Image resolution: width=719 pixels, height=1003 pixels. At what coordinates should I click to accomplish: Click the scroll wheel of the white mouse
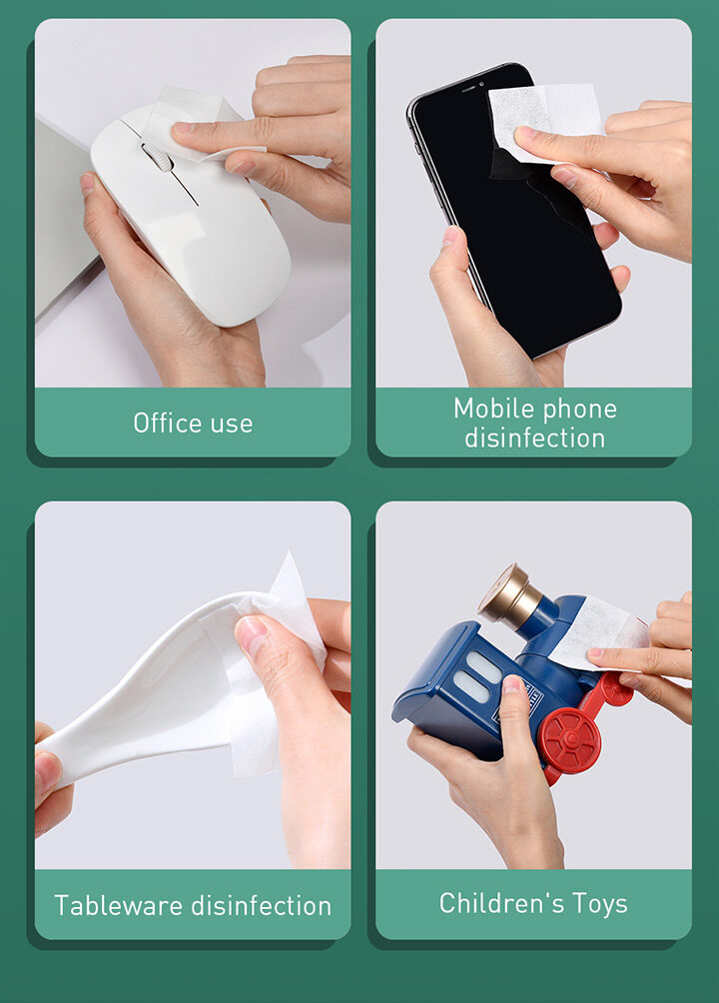[158, 157]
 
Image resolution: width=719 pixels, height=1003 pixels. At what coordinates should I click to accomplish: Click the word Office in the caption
[166, 423]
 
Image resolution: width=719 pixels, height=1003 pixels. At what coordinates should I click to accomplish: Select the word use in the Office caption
[232, 425]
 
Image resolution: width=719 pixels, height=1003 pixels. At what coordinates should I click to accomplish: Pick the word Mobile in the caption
[494, 409]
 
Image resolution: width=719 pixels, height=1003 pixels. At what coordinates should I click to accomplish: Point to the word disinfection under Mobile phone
[535, 439]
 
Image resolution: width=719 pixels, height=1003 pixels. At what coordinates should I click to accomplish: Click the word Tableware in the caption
[119, 906]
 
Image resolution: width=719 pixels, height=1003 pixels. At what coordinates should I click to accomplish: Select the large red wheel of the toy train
[569, 740]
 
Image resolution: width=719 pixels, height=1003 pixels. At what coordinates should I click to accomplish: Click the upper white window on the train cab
[484, 666]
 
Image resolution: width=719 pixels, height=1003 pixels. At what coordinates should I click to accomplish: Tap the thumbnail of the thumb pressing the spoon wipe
[251, 634]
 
